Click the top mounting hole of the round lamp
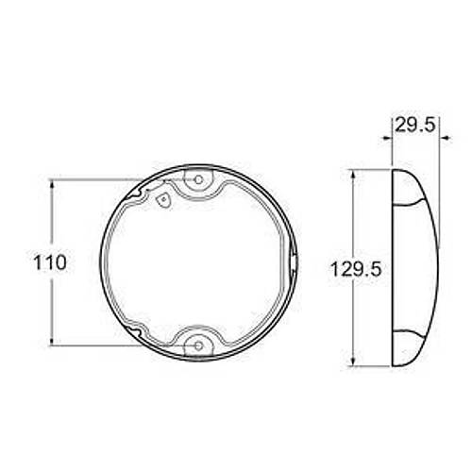tap(198, 179)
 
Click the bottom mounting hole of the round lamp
tap(198, 346)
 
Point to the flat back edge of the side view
tap(392, 269)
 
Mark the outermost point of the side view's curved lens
tap(438, 269)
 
